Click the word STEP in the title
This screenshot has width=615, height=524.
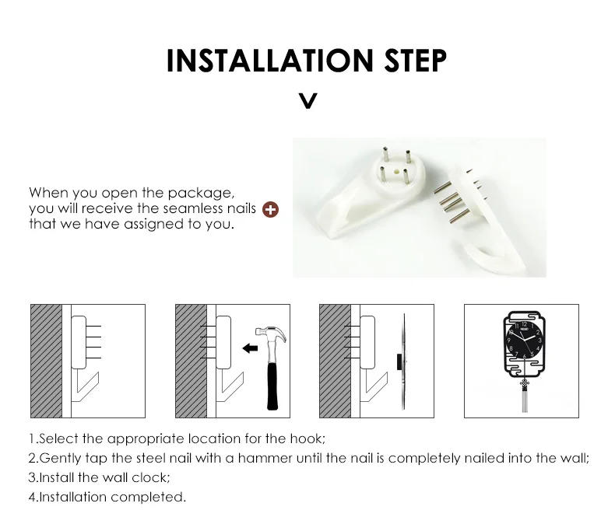coord(416,61)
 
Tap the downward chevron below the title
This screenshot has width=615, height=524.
coord(308,100)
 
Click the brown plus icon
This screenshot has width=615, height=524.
coord(270,209)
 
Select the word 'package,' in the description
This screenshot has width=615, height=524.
coord(201,194)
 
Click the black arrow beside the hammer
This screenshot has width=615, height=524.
coord(250,348)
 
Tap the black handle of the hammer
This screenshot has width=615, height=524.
coord(272,386)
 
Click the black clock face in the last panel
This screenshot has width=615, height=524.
coord(524,340)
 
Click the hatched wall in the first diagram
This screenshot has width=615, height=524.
coord(46,361)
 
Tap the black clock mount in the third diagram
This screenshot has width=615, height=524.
coord(399,362)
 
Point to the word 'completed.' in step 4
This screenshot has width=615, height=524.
coord(148,498)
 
